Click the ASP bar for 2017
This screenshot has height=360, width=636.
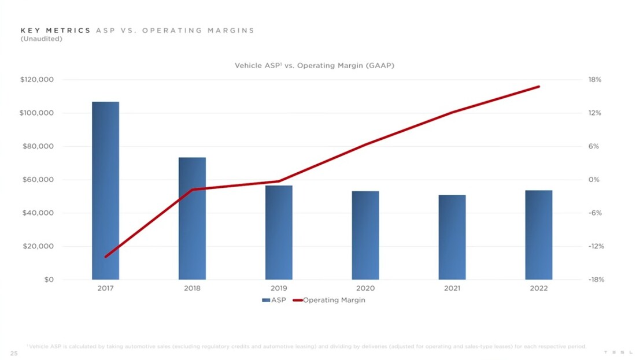coord(105,191)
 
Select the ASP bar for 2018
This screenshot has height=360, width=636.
coord(192,218)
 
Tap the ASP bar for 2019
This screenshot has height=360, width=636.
coord(279,232)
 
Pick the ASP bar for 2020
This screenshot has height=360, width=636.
coord(365,235)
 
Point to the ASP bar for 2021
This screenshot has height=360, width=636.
coord(452,237)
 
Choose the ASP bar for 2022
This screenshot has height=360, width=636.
coord(539,235)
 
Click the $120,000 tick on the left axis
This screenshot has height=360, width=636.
coord(37,80)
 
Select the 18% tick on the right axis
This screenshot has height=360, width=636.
coord(595,80)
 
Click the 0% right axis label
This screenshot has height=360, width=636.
coord(594,180)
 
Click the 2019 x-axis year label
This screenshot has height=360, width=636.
coord(279,288)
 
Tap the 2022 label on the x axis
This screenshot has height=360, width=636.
coord(539,288)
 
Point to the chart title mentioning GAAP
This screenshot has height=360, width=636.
coord(314,66)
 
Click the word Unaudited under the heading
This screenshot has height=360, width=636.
coord(41,39)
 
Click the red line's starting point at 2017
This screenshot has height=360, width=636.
coord(106,257)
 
